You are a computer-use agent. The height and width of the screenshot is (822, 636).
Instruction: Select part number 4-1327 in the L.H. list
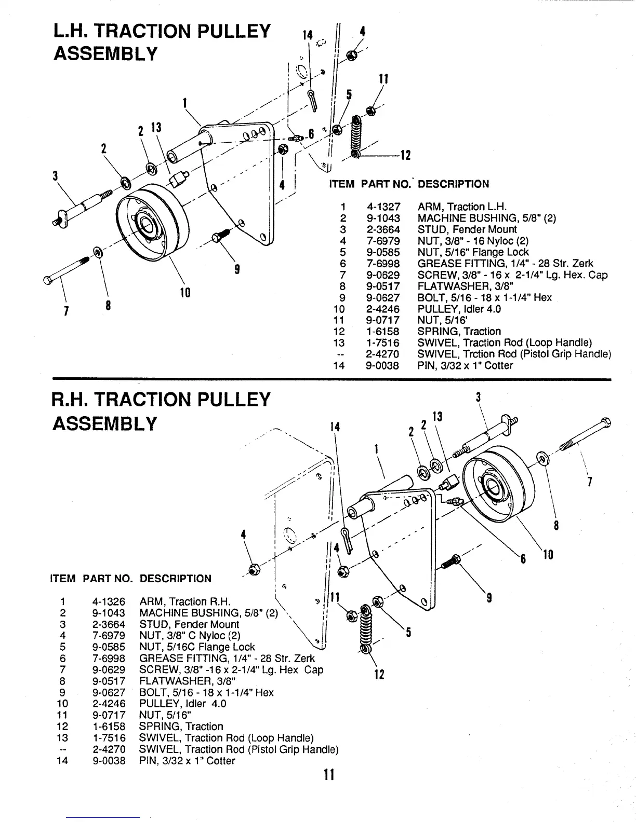[x=383, y=207]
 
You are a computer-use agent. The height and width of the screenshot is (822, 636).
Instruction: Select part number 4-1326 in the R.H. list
[x=109, y=602]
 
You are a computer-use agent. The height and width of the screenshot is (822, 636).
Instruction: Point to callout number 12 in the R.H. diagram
[x=379, y=675]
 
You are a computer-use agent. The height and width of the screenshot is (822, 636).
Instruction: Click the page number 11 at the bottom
[x=328, y=775]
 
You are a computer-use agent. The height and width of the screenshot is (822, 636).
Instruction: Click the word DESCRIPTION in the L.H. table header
[x=453, y=184]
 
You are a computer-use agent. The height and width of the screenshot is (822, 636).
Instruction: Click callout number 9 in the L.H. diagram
[x=237, y=269]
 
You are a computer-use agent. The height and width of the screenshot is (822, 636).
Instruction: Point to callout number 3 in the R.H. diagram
[x=478, y=398]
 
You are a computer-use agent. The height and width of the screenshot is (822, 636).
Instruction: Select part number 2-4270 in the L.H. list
[x=383, y=354]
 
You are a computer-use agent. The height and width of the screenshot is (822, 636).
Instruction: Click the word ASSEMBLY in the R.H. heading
[x=104, y=424]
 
